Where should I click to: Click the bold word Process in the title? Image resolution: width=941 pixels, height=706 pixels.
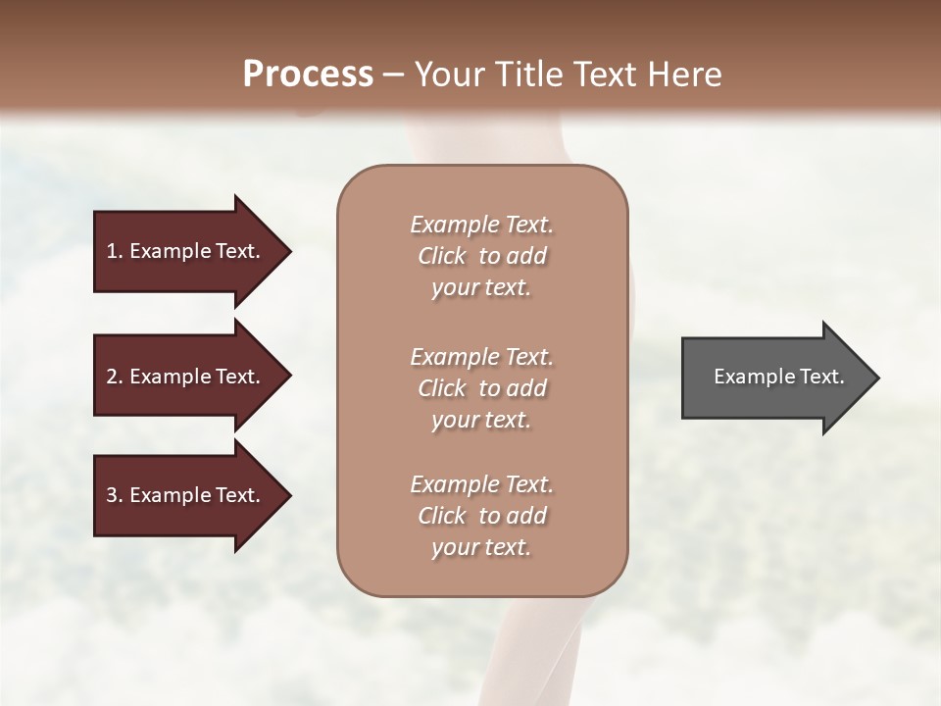click(x=308, y=75)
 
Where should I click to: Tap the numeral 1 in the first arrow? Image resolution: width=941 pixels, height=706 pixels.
click(x=112, y=251)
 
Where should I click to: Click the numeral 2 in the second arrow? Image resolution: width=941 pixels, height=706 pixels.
click(x=112, y=377)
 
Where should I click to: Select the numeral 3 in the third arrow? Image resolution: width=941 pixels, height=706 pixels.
click(x=112, y=495)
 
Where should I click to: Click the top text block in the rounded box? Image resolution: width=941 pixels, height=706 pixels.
click(x=481, y=256)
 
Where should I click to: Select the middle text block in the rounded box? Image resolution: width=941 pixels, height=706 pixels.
click(x=481, y=388)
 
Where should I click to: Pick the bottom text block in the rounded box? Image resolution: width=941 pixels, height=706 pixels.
click(x=481, y=516)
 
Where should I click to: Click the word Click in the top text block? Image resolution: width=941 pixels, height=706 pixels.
click(x=441, y=256)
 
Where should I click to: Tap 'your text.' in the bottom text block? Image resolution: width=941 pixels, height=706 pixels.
click(x=481, y=547)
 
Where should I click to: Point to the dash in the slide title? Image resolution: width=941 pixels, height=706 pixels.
click(x=394, y=76)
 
